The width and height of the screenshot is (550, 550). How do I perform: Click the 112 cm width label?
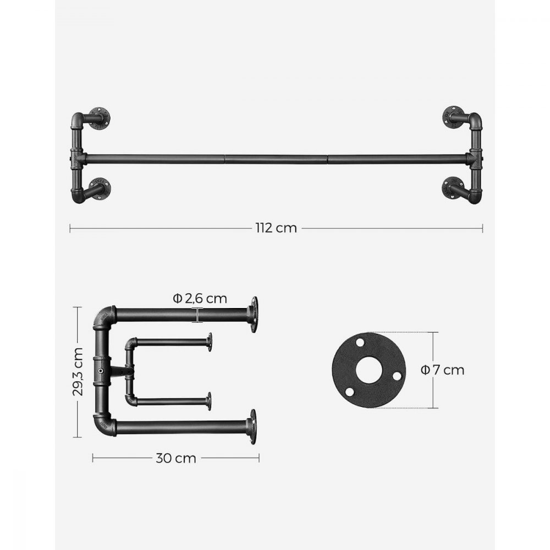pos(276,228)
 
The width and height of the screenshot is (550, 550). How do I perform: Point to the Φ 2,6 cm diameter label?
pos(199,299)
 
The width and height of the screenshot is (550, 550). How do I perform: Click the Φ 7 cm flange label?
pos(443,370)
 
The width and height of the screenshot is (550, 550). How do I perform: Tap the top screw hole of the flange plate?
pos(360,343)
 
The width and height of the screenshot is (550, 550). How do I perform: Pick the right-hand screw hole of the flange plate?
pos(396,376)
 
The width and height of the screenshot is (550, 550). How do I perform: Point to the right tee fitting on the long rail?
pos(474,158)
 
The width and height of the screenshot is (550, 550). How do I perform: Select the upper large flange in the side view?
pos(253,314)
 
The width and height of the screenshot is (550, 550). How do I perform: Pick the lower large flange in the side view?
pos(252,426)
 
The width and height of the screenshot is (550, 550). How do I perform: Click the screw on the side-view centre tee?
pos(101,372)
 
